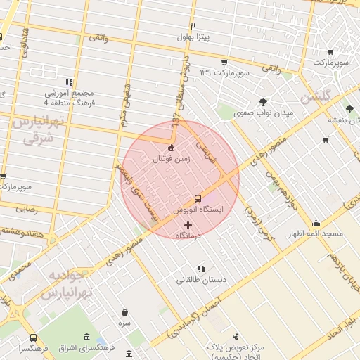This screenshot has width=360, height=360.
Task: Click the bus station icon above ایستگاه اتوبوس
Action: [x=198, y=198]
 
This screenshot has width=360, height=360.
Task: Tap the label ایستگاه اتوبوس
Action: [x=197, y=210]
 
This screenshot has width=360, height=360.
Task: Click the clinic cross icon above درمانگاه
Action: [x=187, y=225]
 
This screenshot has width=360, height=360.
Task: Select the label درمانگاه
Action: [x=186, y=236]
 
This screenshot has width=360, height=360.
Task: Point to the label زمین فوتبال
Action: [x=172, y=159]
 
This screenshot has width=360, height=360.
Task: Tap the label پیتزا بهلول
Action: [x=190, y=36]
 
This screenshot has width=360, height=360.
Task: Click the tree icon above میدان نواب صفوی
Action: [x=263, y=101]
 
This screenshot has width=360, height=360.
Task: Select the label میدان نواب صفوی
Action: [x=263, y=112]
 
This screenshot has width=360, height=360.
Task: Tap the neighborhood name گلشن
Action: [x=314, y=96]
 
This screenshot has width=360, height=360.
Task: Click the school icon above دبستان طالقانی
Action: [x=202, y=268]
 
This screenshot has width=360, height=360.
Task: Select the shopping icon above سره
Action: [x=124, y=313]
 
